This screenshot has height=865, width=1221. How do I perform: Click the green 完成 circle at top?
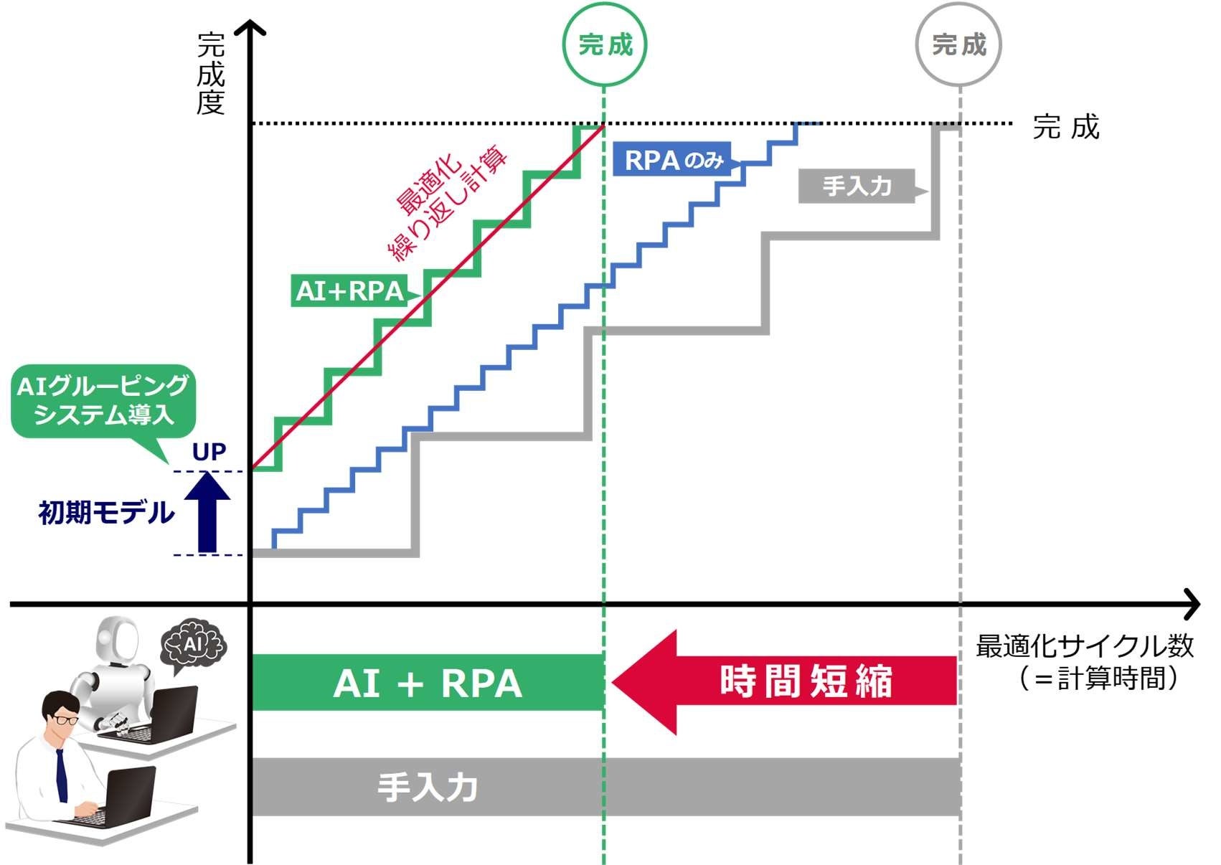(x=605, y=44)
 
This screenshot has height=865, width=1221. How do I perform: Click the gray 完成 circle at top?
(x=958, y=44)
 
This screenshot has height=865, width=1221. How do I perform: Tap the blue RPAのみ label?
(x=673, y=159)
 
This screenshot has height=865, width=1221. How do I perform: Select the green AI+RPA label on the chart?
(x=350, y=290)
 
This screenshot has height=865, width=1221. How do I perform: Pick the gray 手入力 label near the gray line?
(x=857, y=186)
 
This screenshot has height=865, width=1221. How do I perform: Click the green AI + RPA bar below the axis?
(x=428, y=683)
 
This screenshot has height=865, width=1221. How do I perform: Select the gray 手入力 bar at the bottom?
(x=605, y=787)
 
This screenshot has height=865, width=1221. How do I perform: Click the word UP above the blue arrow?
(x=209, y=452)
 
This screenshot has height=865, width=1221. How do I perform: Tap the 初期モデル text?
(x=106, y=512)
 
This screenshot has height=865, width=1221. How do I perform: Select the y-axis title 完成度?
(x=211, y=74)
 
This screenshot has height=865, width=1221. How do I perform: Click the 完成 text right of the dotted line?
(x=1066, y=127)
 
